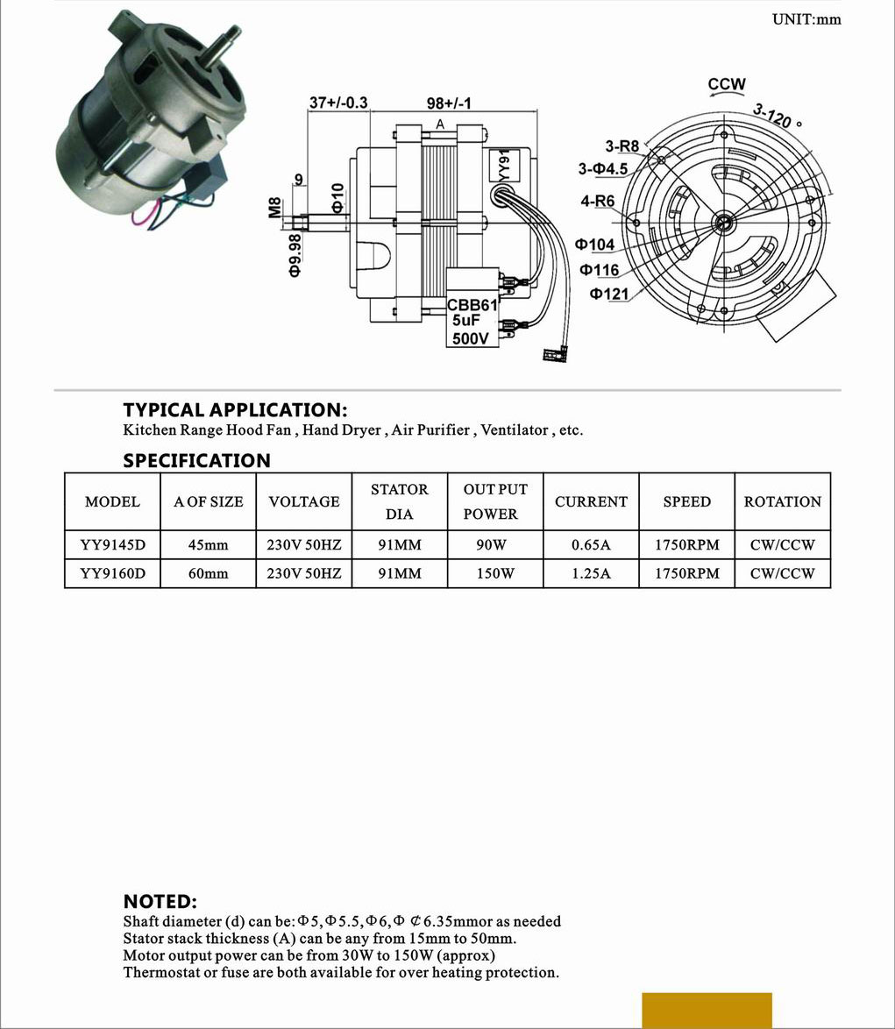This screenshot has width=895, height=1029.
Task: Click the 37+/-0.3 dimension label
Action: pyautogui.click(x=338, y=103)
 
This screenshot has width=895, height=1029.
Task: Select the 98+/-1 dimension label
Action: pyautogui.click(x=449, y=103)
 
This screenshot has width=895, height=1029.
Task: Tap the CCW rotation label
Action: pyautogui.click(x=727, y=84)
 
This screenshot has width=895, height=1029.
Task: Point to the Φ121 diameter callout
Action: pyautogui.click(x=608, y=294)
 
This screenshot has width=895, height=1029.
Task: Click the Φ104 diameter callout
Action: pyautogui.click(x=595, y=245)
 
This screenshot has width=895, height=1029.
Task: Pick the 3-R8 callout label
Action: pyautogui.click(x=622, y=146)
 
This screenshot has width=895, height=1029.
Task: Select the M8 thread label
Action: pyautogui.click(x=274, y=208)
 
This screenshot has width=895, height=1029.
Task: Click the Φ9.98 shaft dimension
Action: pyautogui.click(x=295, y=254)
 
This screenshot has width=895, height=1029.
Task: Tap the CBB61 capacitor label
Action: pyautogui.click(x=472, y=305)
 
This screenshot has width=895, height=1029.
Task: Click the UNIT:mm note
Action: pyautogui.click(x=806, y=19)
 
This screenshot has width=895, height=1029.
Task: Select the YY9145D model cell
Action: pyautogui.click(x=112, y=544)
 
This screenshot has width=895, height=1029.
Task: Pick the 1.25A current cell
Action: pyautogui.click(x=591, y=573)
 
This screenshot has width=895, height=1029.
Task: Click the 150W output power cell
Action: pyautogui.click(x=495, y=573)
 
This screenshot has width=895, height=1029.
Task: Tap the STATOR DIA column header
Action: pyautogui.click(x=400, y=501)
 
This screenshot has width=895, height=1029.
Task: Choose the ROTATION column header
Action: pyautogui.click(x=782, y=501)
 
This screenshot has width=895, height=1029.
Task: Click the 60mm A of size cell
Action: pyautogui.click(x=208, y=573)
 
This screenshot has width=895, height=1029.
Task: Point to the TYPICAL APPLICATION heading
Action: pyautogui.click(x=235, y=409)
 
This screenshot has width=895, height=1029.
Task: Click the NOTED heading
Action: pyautogui.click(x=160, y=901)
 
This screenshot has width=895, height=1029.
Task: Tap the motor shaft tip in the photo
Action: pyautogui.click(x=235, y=36)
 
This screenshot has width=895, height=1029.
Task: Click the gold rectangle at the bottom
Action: pyautogui.click(x=707, y=1010)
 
